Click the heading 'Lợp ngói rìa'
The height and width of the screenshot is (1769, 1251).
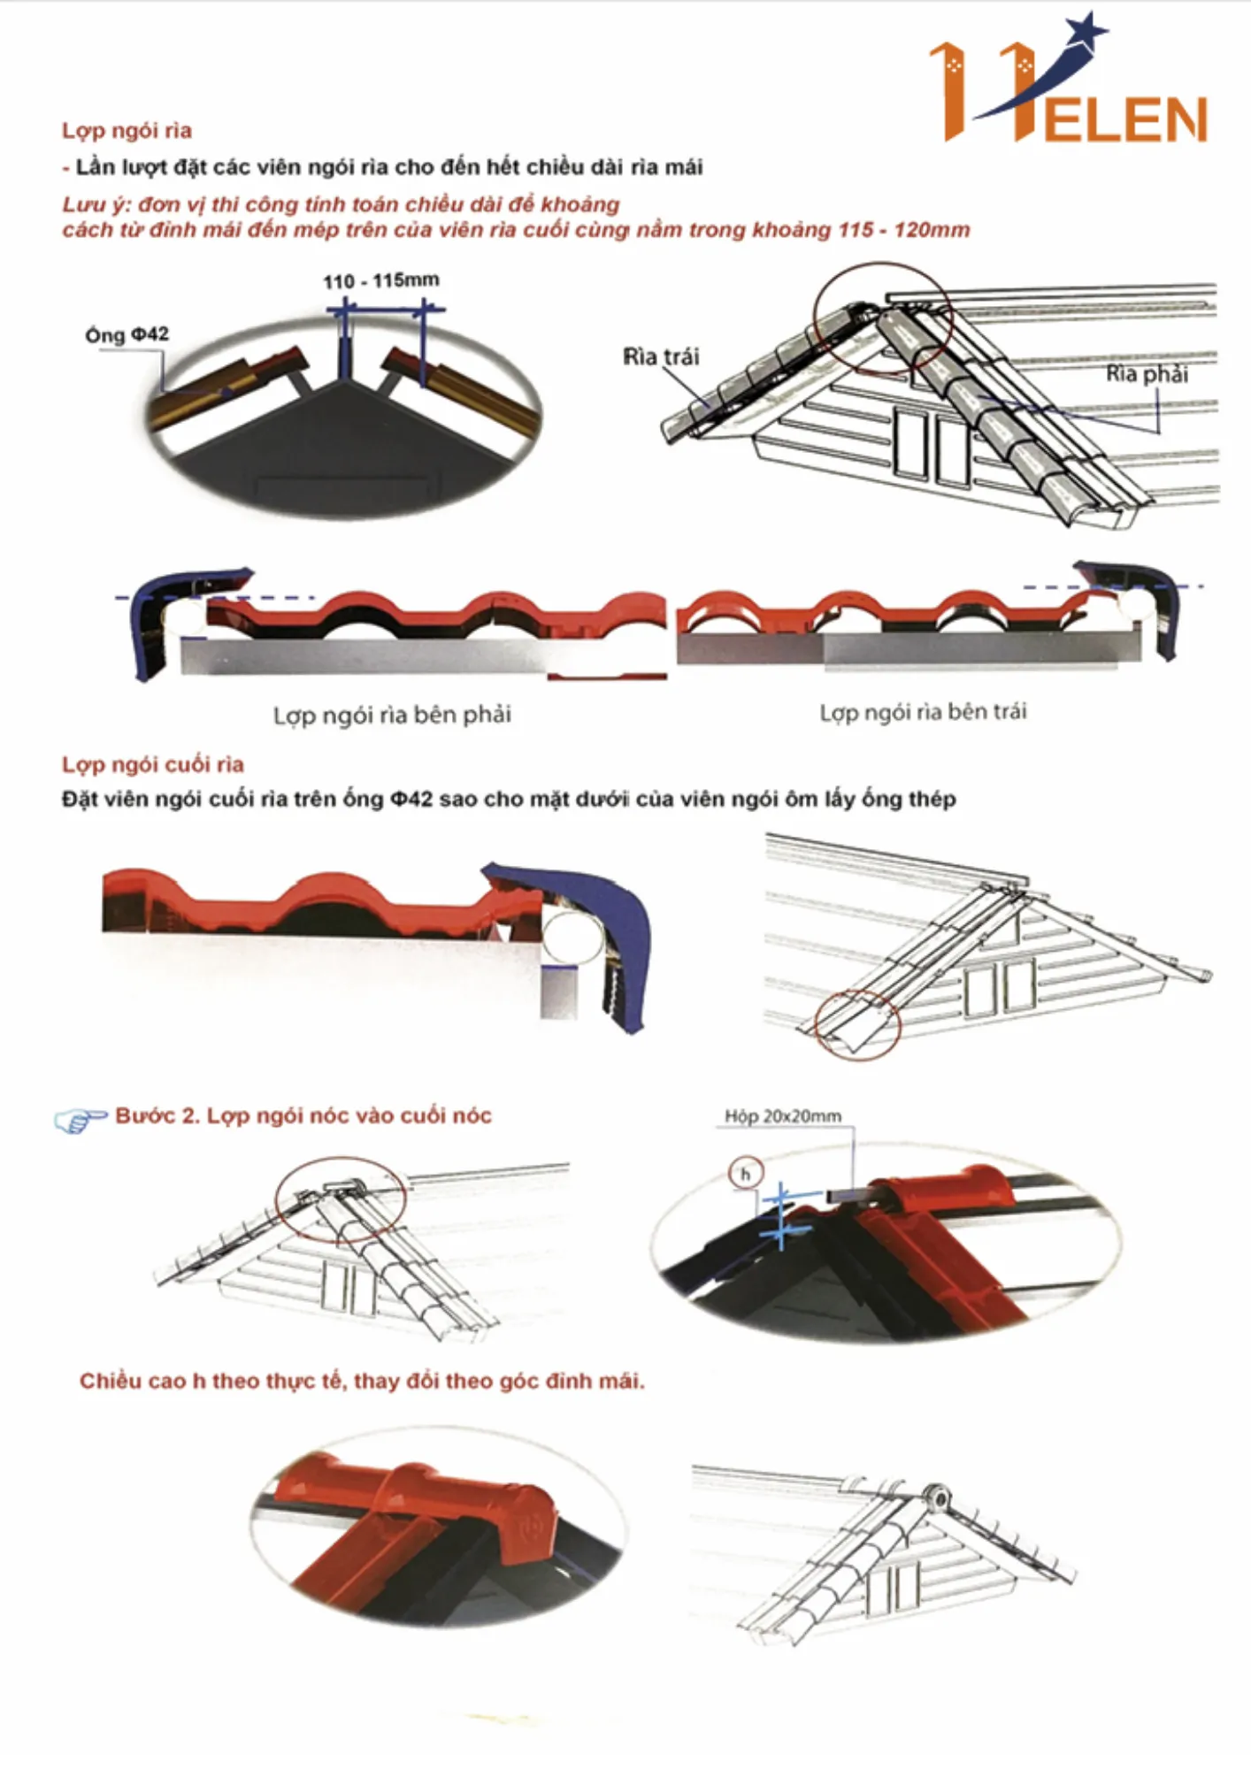point(127,131)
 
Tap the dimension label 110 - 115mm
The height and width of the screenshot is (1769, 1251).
point(380,281)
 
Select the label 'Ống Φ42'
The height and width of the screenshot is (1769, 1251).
point(127,334)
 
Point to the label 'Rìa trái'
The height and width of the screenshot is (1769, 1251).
point(661,356)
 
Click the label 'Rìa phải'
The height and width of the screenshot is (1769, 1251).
point(1147,374)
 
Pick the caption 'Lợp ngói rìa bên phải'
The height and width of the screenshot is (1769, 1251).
point(392,715)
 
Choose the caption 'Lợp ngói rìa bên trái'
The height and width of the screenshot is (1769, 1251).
point(923,712)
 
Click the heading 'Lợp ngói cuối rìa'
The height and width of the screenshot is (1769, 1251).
point(153,764)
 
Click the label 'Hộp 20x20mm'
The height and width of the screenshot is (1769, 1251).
point(783,1116)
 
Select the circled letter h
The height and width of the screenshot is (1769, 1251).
point(745,1175)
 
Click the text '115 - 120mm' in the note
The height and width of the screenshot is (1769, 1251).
point(903,230)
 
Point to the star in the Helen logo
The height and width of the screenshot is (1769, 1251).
point(1086,32)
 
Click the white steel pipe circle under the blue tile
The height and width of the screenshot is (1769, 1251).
point(572,939)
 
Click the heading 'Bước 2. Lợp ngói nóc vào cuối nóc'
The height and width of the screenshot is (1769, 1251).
point(303,1116)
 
